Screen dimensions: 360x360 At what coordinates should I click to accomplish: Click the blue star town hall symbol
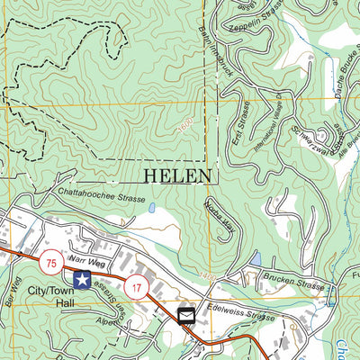click(x=82, y=281)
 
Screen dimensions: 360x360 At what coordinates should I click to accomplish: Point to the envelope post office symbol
click(x=186, y=316)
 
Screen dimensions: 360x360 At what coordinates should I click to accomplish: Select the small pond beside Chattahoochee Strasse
click(x=151, y=208)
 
